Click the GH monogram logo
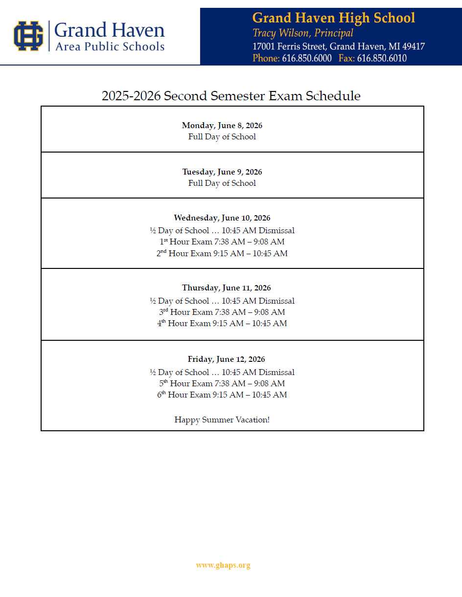pos(28,36)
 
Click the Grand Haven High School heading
pos(333,19)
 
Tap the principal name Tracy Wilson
pos(302,33)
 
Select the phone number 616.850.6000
pos(306,58)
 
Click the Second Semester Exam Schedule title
pos(231,96)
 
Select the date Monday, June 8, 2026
pos(222,126)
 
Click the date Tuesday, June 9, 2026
pos(222,172)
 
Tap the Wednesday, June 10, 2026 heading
pos(222,218)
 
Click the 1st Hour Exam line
pos(222,242)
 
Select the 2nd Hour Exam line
pos(222,254)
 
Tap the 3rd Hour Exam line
pos(222,312)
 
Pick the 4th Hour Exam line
pos(222,324)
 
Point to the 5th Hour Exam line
pos(222,384)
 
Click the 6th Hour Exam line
pos(222,395)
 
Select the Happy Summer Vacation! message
pos(222,420)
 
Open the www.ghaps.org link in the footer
pos(223,565)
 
